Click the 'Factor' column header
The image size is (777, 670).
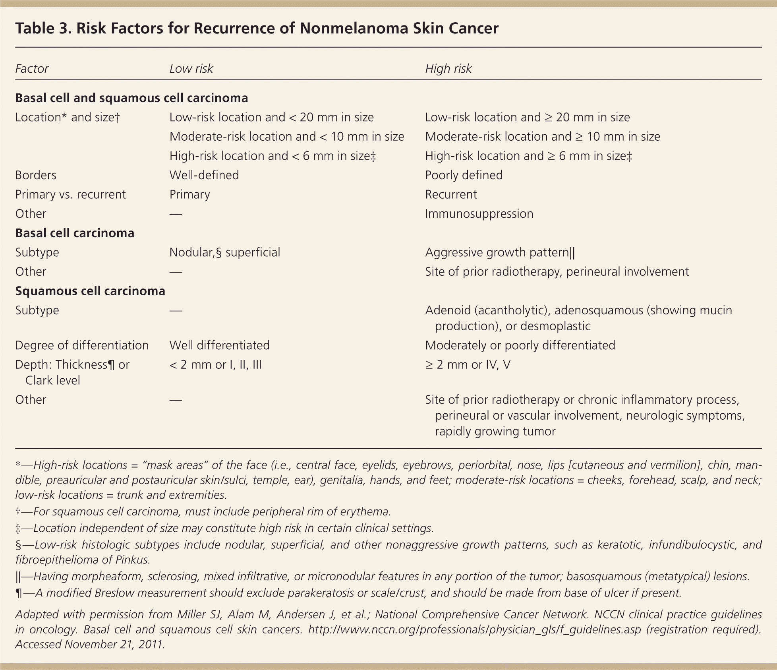pyautogui.click(x=32, y=69)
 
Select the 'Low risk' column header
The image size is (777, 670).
pyautogui.click(x=191, y=69)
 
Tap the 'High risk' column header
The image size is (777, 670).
pyautogui.click(x=448, y=69)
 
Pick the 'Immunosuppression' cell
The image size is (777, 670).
pyautogui.click(x=479, y=214)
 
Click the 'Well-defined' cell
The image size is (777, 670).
pyautogui.click(x=204, y=175)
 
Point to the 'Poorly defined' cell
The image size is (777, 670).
pyautogui.click(x=464, y=175)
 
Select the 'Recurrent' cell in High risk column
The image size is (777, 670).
pyautogui.click(x=451, y=195)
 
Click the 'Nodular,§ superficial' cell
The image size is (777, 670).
pyautogui.click(x=225, y=252)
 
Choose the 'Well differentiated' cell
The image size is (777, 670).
pyautogui.click(x=219, y=345)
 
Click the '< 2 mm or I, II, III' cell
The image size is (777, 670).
pyautogui.click(x=215, y=365)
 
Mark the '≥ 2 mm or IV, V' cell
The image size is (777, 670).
pyautogui.click(x=468, y=365)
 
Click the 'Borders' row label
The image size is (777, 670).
pyautogui.click(x=36, y=175)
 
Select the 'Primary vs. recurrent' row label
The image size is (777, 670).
pyautogui.click(x=70, y=195)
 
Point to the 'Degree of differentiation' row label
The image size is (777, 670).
pyautogui.click(x=82, y=345)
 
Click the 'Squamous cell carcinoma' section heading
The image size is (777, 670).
pyautogui.click(x=90, y=291)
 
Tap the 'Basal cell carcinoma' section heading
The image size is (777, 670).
pyautogui.click(x=75, y=233)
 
